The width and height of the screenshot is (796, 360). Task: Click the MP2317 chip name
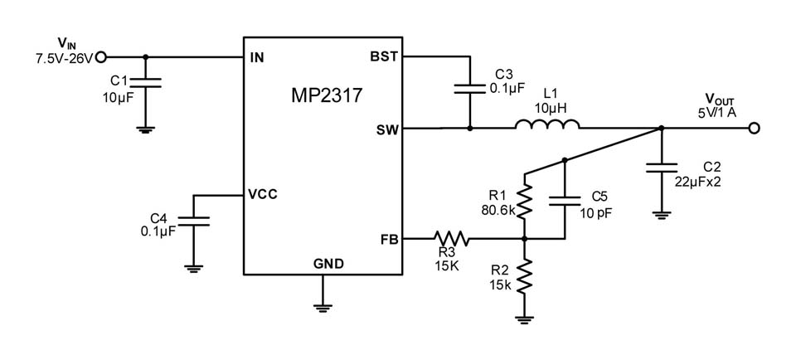327,95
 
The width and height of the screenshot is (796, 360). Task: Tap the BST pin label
384,57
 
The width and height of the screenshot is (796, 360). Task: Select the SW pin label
387,129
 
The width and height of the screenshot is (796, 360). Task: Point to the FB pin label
390,239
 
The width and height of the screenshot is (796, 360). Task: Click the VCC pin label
263,194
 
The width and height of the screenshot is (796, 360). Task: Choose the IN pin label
257,57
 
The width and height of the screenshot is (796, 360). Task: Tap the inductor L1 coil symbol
547,124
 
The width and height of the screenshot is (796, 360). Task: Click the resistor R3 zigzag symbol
451,238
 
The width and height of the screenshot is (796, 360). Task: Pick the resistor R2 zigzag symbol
525,275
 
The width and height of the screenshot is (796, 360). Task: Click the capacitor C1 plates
146,83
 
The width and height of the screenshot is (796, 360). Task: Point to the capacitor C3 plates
469,89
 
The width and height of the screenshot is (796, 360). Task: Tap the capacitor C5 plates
565,201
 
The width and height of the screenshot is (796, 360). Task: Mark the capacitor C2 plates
661,168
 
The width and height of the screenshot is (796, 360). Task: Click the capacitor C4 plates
193,221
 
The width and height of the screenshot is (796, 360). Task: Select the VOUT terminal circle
754,129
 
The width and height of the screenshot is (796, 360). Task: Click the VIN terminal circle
100,57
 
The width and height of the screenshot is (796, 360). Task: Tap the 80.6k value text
498,209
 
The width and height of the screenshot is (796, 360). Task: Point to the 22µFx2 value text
698,182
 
